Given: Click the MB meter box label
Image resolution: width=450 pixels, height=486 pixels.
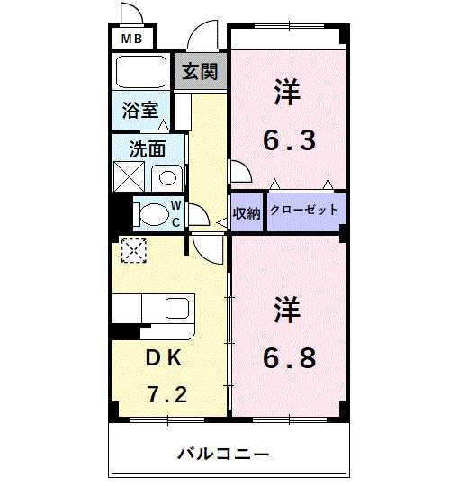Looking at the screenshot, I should pos(131,39).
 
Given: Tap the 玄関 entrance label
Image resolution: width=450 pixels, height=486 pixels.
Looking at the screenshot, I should pos(200,71).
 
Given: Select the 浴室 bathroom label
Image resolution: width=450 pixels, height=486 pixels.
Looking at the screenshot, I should pos(141,111).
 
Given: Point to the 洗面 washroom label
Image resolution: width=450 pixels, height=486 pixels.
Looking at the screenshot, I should pos(148,149).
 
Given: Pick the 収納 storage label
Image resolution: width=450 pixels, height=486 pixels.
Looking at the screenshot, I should pos(247,213).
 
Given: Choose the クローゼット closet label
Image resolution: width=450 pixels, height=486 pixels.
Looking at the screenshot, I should pos(304,210).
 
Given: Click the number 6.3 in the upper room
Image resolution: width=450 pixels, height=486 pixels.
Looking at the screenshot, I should pos(289,141).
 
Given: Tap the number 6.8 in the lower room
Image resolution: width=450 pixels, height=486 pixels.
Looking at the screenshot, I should pos(289,357).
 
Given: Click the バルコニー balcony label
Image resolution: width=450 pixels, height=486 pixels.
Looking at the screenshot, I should pos(224,453).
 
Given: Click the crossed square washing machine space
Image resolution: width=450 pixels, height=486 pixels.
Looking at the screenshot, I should pos(130,176).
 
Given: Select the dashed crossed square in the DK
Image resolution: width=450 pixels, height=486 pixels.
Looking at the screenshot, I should pos(133,250).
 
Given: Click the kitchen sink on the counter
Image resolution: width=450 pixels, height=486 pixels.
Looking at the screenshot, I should pos(178,309).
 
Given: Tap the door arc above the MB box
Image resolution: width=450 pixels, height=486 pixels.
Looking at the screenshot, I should pos(133,15).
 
